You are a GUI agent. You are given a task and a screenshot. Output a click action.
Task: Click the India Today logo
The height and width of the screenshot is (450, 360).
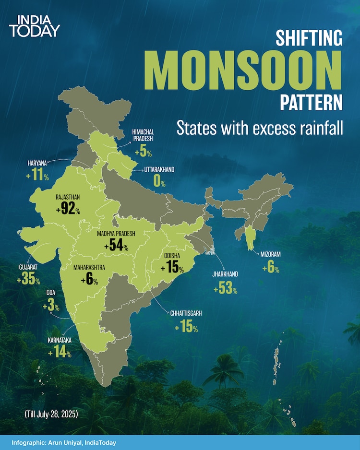[x=35, y=26]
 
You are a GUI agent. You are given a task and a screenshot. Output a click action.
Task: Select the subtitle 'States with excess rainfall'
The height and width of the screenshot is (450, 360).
[x=260, y=128]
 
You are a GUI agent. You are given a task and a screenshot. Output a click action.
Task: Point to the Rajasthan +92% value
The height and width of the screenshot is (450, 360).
[x=68, y=210]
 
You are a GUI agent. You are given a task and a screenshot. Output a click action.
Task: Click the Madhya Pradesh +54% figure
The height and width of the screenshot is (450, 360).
[x=116, y=246]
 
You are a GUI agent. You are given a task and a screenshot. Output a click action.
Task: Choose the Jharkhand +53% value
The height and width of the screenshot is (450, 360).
[x=226, y=289]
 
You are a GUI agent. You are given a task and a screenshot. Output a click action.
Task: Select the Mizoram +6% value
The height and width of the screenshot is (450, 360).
[x=271, y=268]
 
